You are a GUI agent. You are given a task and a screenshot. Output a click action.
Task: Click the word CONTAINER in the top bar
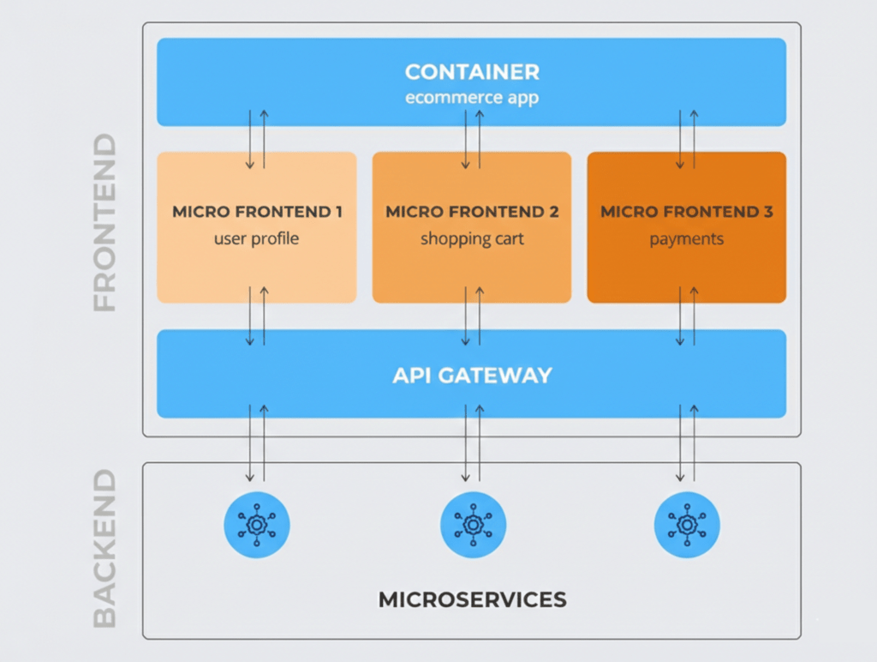[472, 71]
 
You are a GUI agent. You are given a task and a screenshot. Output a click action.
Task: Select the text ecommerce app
[472, 97]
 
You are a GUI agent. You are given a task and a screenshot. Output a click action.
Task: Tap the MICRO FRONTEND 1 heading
[257, 212]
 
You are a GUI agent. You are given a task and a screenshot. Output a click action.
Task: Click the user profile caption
[257, 238]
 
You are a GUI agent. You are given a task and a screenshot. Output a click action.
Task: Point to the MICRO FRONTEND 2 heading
[472, 212]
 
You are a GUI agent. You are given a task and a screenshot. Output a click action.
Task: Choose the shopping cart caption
[472, 238]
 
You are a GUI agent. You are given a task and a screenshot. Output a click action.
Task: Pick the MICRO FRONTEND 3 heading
[686, 212]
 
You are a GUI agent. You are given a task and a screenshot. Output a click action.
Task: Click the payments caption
[686, 238]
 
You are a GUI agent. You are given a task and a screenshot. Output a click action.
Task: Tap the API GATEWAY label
[472, 375]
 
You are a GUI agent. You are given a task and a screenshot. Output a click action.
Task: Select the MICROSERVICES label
[472, 599]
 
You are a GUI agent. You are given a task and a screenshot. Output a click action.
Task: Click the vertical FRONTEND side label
[104, 222]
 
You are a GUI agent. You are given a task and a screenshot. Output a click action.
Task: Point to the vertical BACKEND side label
[104, 548]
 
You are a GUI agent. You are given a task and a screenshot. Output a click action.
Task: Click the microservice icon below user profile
[257, 524]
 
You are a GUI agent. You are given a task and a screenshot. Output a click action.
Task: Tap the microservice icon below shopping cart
[473, 524]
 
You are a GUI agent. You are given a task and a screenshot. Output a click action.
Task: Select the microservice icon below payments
[687, 524]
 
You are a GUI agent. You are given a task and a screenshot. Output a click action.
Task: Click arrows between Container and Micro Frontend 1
[257, 139]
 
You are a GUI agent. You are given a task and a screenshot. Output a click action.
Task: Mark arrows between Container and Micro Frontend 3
[687, 139]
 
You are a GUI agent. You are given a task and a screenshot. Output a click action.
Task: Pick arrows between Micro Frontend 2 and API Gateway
[473, 316]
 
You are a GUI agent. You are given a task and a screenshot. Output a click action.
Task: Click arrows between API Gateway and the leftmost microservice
[257, 442]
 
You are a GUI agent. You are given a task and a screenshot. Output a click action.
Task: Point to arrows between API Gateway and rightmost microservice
[687, 442]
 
